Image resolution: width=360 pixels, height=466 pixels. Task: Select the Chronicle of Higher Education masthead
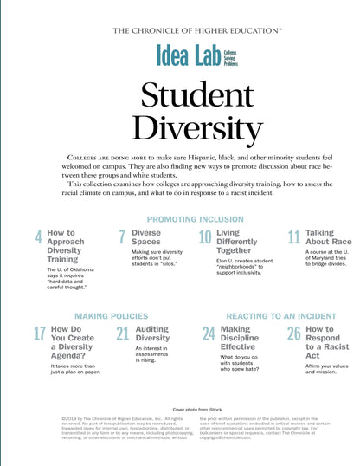click(x=197, y=30)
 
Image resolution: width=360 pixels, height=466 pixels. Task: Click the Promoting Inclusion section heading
click(x=195, y=219)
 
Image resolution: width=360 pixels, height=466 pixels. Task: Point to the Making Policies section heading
click(x=112, y=316)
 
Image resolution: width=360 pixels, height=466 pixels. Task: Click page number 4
click(x=38, y=238)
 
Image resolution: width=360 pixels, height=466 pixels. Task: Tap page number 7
click(x=122, y=238)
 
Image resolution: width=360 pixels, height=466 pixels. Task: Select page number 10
click(x=205, y=238)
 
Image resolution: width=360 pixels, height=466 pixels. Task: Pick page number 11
click(x=293, y=238)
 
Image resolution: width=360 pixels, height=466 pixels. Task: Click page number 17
click(x=40, y=334)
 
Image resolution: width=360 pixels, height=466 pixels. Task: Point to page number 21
click(x=122, y=334)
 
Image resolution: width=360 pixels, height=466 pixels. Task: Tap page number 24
click(x=209, y=334)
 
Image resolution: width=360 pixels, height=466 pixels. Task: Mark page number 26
click(x=293, y=334)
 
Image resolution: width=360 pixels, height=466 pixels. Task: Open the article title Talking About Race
click(x=328, y=238)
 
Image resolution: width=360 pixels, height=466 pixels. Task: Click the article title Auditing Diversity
click(x=153, y=333)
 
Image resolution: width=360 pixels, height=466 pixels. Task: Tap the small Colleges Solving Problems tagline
click(x=231, y=58)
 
